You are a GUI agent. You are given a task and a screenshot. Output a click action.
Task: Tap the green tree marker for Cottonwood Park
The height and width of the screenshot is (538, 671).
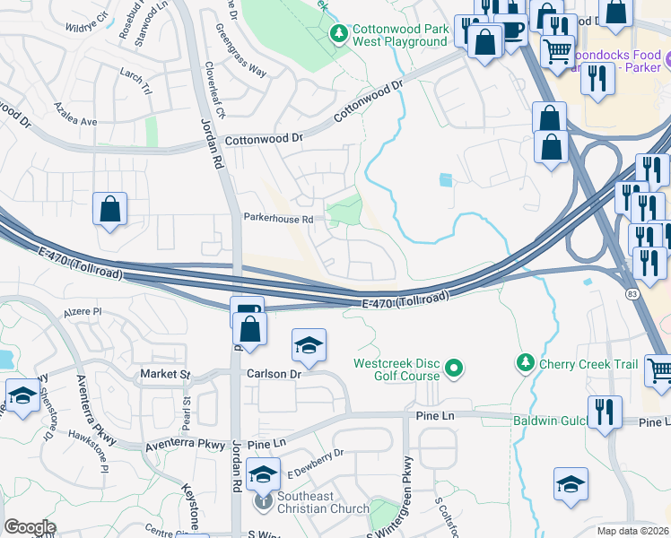[x=338, y=35]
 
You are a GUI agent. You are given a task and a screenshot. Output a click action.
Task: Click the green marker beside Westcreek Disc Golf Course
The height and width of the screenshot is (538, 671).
[x=454, y=368]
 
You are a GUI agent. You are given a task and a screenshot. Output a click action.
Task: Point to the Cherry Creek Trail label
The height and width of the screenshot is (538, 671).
[x=588, y=364]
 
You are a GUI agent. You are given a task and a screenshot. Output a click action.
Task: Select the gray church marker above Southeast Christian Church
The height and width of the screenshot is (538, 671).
[x=263, y=500]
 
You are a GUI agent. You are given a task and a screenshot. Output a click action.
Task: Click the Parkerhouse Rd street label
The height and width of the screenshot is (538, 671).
[x=278, y=218]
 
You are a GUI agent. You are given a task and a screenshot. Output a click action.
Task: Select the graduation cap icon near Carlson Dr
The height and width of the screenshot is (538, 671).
[x=309, y=345]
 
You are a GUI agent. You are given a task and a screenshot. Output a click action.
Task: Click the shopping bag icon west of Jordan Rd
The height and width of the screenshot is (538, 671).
[x=109, y=210]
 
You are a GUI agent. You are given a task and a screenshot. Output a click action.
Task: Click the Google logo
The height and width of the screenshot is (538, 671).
[x=30, y=527]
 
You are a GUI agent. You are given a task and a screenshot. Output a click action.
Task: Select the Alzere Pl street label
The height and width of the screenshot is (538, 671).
[x=85, y=314]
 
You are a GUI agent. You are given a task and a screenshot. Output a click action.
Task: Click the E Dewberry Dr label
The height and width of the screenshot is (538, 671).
[x=314, y=463]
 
